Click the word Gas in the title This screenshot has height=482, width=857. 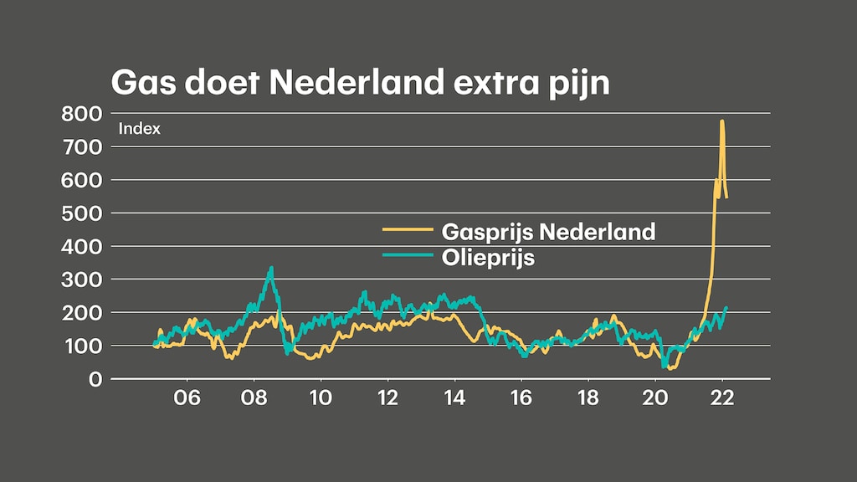(x=142, y=84)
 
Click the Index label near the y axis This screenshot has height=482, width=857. (x=139, y=129)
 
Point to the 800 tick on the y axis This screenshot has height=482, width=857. (x=82, y=113)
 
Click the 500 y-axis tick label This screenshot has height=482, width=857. (x=82, y=213)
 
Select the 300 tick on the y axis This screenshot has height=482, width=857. (x=82, y=279)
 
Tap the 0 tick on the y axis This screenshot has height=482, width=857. (x=95, y=378)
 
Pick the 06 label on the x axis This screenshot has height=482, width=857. (x=187, y=400)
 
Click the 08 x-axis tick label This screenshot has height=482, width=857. (x=254, y=400)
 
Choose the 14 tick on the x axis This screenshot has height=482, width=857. (x=454, y=400)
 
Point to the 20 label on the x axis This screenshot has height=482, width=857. (x=654, y=400)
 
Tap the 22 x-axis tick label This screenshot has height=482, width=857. (x=721, y=400)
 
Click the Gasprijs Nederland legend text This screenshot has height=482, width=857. (x=548, y=231)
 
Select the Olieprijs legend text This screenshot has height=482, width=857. (x=488, y=258)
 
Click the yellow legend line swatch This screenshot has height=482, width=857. (x=408, y=230)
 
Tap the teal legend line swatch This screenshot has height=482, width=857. (x=408, y=257)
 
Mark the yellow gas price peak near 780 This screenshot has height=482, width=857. (x=721, y=121)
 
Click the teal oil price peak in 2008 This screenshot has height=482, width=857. (x=271, y=268)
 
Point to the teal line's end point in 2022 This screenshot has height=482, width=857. (x=726, y=307)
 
